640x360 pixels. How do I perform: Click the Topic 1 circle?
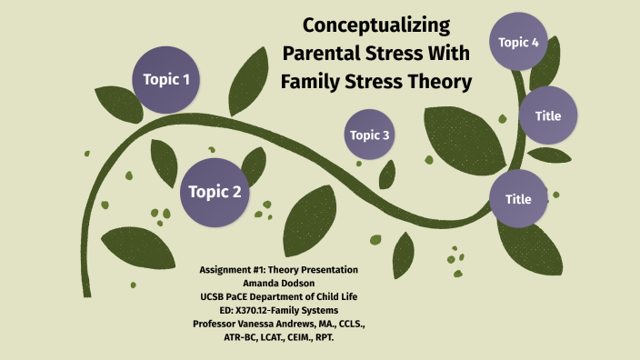point(166,80)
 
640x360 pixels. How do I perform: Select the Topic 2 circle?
point(215,192)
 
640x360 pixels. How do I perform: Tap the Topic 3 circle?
point(370,136)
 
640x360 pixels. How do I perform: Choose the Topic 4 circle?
point(519,42)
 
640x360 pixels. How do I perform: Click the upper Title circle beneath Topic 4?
point(547,116)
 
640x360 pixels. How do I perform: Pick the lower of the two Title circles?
point(518,199)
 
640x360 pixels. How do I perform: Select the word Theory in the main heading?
point(435,82)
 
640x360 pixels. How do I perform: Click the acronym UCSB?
point(216,296)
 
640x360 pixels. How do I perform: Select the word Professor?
point(221,323)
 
